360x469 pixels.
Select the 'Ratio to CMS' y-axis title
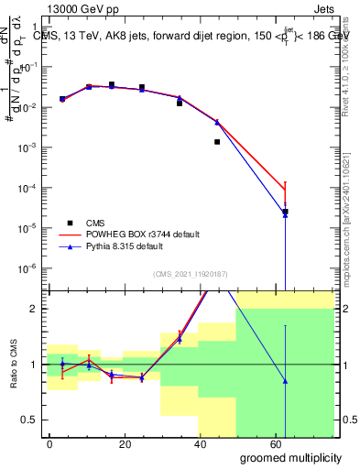[x=12, y=364]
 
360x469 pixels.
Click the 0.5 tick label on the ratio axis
[x=29, y=420]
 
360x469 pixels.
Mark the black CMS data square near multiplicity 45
[x=217, y=142]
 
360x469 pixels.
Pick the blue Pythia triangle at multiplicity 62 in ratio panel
[x=285, y=381]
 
